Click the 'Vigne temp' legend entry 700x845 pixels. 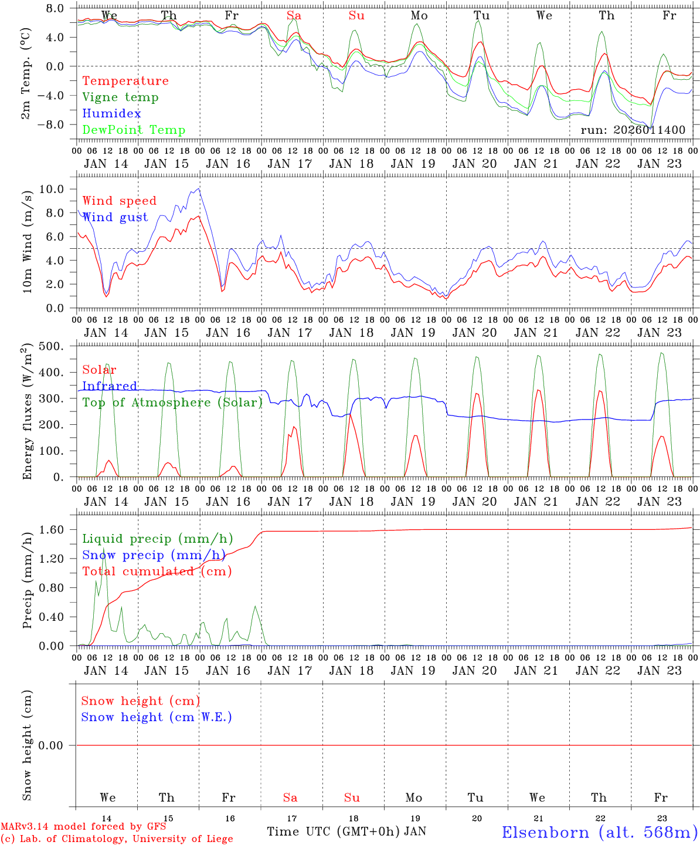120,97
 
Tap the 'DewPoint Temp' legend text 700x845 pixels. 134,130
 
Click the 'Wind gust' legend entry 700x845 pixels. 115,217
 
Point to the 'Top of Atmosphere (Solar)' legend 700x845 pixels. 172,403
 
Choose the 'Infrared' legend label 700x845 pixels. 110,386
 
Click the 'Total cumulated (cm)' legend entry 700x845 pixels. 157,572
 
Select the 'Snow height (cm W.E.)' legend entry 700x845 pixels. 157,717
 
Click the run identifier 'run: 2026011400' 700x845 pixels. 633,130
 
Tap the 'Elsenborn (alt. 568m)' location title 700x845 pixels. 600,832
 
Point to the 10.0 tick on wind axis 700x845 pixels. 52,189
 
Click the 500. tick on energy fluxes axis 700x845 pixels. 51,346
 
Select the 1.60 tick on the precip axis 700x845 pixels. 52,530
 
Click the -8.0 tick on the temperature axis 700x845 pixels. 51,124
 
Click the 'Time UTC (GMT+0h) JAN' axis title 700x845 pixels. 346,832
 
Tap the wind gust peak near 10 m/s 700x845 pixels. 199,188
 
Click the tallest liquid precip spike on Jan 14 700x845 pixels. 104,547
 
